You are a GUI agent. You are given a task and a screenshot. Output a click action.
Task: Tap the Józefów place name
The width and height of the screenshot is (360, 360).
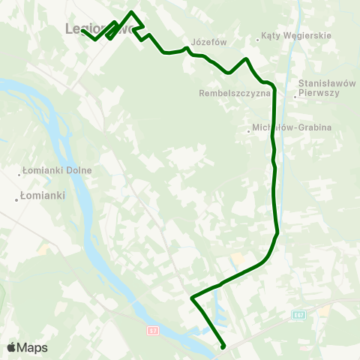209,43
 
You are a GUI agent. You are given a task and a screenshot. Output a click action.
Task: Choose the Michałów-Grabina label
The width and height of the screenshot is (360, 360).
292,127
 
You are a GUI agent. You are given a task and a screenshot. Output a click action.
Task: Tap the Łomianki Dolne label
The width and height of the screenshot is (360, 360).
59,170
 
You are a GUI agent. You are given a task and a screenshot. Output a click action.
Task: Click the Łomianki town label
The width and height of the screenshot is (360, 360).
43,196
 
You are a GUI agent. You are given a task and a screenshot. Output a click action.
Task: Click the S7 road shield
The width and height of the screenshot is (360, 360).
152,330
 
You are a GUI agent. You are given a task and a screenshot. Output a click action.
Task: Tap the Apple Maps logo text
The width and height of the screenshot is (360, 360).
33,347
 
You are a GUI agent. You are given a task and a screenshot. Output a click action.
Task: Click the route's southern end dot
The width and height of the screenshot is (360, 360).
223,346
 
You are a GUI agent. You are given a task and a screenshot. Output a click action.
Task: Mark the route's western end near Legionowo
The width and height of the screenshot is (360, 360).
82,31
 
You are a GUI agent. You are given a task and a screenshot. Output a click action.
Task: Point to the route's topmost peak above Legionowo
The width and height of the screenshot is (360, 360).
132,12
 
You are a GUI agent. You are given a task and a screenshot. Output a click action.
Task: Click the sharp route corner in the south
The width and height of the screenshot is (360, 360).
192,298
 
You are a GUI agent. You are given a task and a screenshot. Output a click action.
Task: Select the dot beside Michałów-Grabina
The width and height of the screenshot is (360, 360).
248,132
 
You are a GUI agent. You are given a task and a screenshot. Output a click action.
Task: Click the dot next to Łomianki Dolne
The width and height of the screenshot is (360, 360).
21,175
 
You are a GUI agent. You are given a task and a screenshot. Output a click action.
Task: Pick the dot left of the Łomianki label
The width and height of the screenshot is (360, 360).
16,199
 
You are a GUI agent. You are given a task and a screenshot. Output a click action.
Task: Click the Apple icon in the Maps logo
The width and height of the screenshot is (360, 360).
11,347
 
